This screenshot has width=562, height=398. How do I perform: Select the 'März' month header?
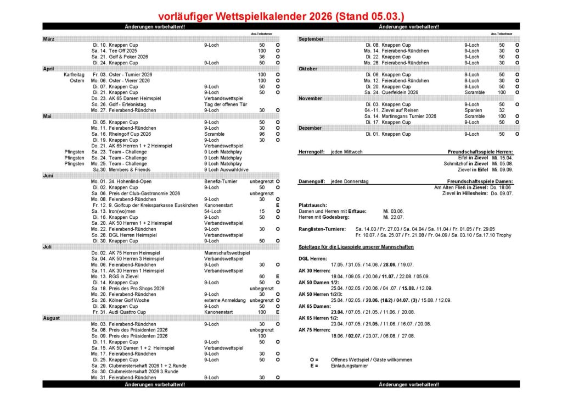[x=49, y=39]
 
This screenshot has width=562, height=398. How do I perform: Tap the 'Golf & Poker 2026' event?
[x=128, y=57]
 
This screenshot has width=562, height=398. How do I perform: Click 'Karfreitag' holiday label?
[x=74, y=75]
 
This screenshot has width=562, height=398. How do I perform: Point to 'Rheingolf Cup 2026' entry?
[x=130, y=134]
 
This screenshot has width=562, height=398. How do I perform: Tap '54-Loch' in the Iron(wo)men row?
[x=213, y=212]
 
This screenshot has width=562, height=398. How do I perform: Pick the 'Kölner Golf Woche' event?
[x=130, y=301]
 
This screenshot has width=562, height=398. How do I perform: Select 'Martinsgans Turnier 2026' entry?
[x=409, y=117]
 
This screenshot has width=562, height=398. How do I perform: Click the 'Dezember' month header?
[x=310, y=128]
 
